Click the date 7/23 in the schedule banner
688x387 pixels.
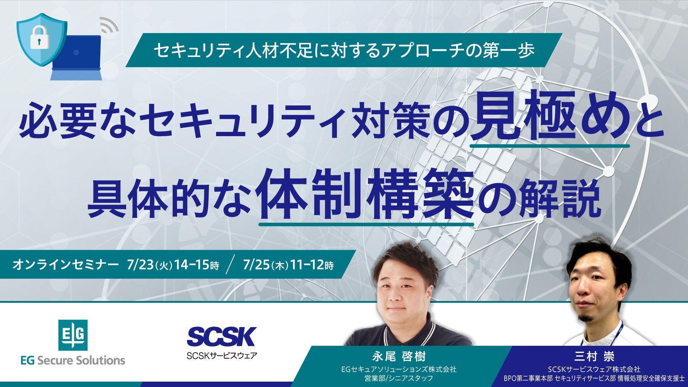point(140,265)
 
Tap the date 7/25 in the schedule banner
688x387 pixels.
point(256,265)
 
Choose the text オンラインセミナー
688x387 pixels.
point(65,265)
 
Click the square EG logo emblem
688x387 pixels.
point(73,335)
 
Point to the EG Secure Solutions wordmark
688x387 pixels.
point(73,360)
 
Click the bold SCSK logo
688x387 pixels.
point(221,336)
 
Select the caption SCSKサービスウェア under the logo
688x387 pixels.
point(221,356)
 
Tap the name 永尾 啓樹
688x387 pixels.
point(399,357)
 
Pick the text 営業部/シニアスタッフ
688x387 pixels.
point(398,378)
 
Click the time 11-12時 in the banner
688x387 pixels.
point(311,265)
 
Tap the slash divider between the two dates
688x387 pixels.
point(231,265)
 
